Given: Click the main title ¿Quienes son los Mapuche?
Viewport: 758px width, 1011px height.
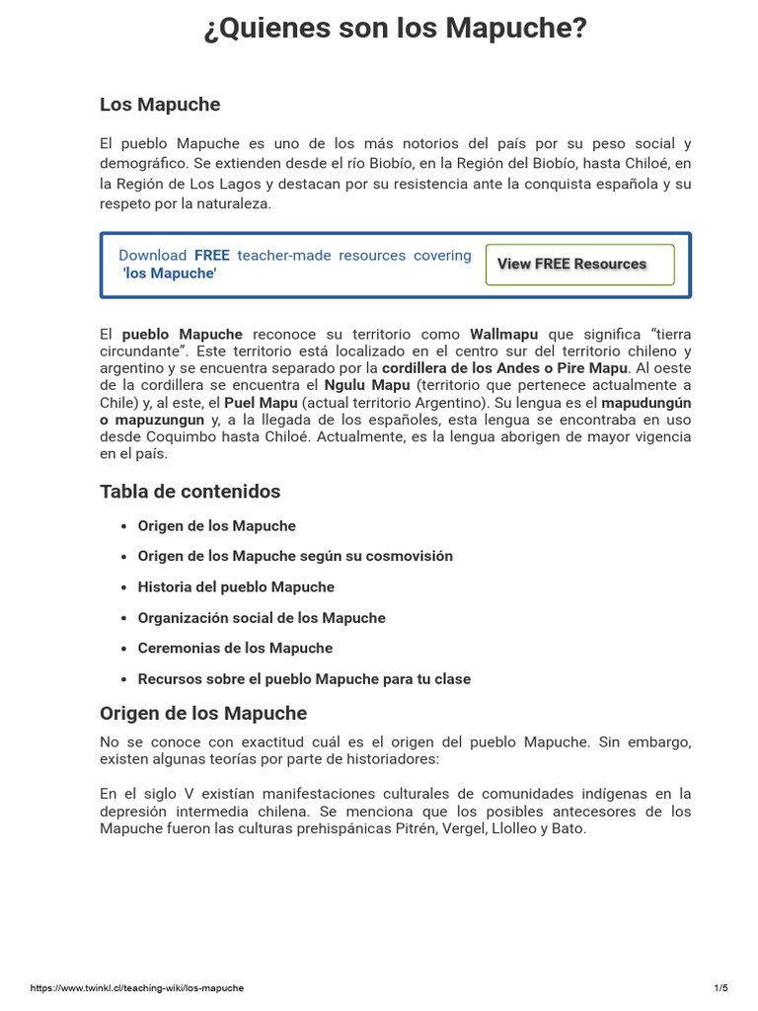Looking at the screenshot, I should [x=395, y=30].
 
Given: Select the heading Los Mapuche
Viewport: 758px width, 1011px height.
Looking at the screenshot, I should [x=160, y=105].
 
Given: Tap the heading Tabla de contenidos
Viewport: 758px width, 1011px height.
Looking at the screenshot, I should [x=190, y=492].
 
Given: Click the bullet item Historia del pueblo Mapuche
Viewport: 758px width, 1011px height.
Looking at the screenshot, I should [x=236, y=587].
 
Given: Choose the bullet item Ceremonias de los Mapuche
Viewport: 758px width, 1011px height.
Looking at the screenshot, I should [x=235, y=649].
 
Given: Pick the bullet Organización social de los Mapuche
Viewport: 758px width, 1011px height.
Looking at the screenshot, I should [x=262, y=618].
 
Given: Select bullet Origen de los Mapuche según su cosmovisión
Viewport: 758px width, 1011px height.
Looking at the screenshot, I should [x=295, y=557].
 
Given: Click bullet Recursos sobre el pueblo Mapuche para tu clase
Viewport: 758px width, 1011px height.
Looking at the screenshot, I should [x=304, y=679].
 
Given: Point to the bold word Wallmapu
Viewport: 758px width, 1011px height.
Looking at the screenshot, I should [x=503, y=335].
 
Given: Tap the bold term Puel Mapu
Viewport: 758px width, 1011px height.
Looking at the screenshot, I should [x=261, y=403].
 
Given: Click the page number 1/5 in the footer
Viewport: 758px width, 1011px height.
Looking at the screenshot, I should [x=720, y=988].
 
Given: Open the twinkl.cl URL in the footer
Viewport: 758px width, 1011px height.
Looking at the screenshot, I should [x=137, y=988].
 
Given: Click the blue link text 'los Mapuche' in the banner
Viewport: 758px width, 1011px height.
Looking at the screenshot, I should [x=169, y=273].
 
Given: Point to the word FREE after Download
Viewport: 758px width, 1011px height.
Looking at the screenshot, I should [x=211, y=256].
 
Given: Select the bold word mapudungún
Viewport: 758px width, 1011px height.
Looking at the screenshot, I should [x=645, y=403].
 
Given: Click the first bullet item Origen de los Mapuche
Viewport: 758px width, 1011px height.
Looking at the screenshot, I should [x=216, y=526].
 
